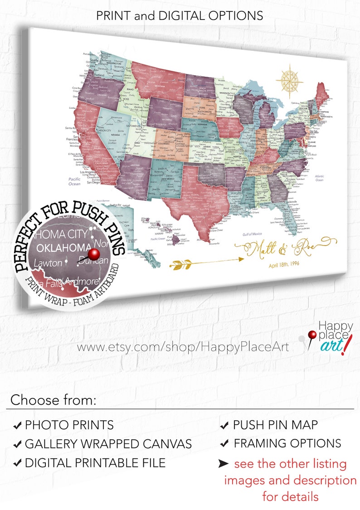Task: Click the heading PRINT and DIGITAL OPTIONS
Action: click(x=180, y=15)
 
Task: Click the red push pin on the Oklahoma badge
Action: click(x=94, y=254)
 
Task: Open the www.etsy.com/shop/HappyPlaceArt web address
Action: click(x=183, y=347)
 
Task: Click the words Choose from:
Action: click(x=54, y=400)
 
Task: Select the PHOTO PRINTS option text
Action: click(x=69, y=425)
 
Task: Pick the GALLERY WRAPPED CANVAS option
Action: click(x=108, y=444)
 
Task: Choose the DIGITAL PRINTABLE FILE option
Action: click(x=95, y=463)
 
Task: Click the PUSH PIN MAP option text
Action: click(x=275, y=425)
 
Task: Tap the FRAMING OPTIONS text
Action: click(x=287, y=443)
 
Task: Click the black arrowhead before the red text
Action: click(x=224, y=464)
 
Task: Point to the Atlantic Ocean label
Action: click(x=319, y=178)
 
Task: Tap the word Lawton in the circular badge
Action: click(x=47, y=263)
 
